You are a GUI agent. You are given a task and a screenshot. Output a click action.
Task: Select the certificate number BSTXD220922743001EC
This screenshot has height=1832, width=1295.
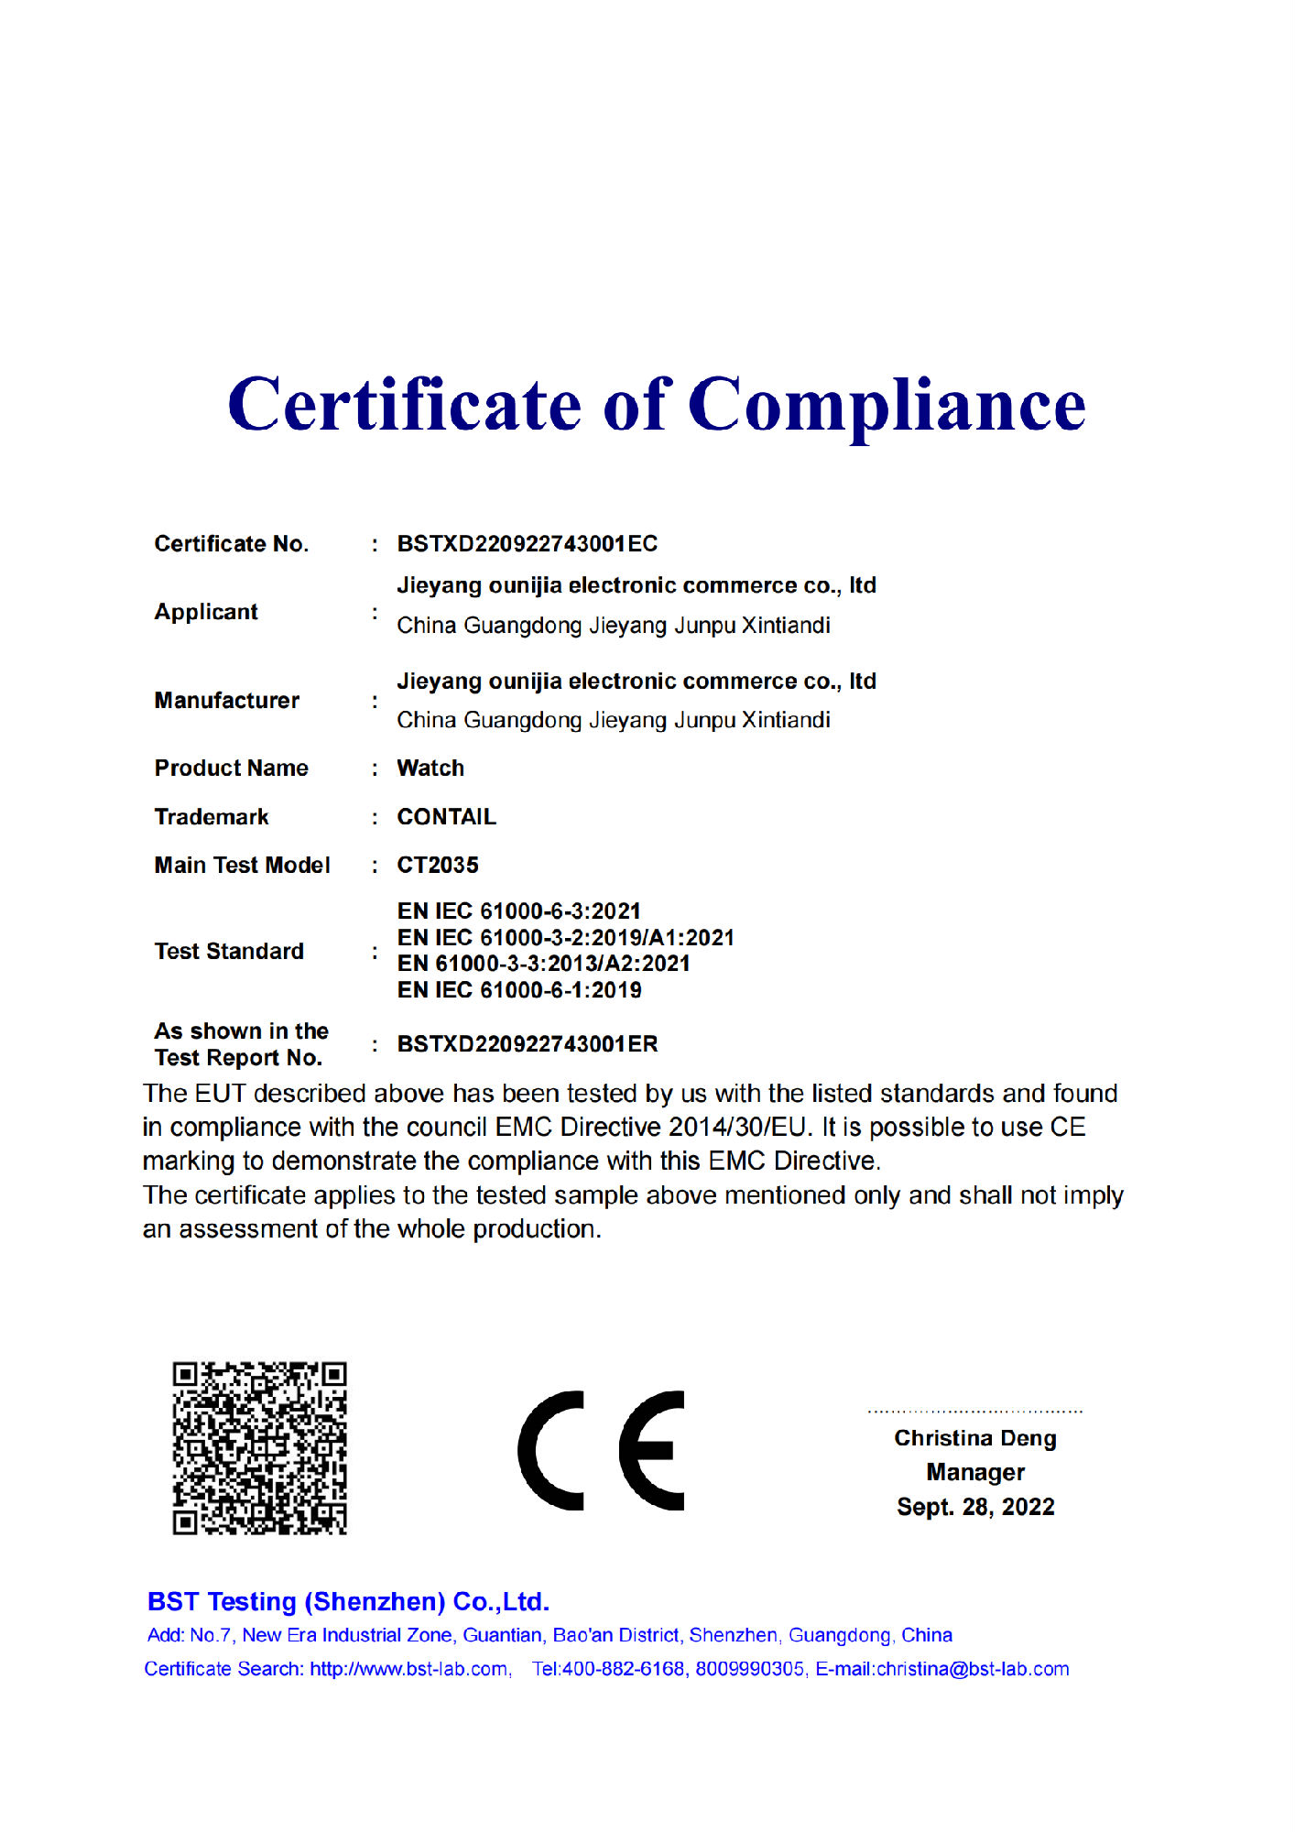pos(527,544)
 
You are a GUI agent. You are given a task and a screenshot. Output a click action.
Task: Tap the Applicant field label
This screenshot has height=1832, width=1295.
pos(206,612)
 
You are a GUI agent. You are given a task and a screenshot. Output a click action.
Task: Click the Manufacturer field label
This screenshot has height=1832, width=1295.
pos(226,701)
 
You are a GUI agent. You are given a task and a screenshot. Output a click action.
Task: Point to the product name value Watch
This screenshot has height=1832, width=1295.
pos(430,769)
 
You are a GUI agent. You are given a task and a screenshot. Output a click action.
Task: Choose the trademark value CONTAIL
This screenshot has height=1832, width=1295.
pos(446,817)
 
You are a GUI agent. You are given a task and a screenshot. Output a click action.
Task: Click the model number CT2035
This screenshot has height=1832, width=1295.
pos(437,866)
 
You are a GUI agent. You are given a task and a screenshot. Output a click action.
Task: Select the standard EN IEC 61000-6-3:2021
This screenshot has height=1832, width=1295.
pos(518,911)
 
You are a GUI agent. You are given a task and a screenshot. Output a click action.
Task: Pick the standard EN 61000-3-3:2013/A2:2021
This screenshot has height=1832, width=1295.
pos(543,964)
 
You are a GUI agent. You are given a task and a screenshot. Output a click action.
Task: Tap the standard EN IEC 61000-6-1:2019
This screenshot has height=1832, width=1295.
pos(518,990)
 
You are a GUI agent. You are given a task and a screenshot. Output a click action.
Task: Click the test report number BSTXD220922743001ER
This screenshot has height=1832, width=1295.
pos(527,1044)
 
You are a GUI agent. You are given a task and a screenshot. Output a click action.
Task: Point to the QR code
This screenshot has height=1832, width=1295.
pos(260,1447)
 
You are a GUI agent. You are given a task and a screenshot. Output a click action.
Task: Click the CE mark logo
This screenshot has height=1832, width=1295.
pos(601,1450)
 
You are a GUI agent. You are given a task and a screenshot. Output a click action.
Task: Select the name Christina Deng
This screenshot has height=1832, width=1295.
pos(975,1438)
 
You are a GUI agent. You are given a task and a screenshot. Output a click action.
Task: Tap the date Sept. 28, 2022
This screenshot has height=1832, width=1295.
pos(975,1507)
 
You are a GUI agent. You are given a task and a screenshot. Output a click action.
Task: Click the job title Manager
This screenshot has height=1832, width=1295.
pos(975,1472)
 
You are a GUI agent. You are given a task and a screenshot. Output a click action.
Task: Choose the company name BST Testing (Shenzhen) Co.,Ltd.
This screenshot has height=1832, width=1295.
pos(348,1601)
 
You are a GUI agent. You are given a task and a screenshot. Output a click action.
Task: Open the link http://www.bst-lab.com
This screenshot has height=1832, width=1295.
pos(408,1669)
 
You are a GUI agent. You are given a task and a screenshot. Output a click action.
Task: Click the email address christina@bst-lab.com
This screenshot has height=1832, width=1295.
pos(973,1669)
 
